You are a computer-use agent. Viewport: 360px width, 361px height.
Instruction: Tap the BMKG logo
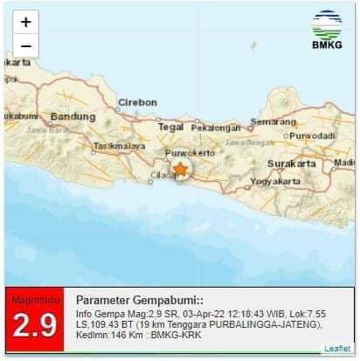(x=327, y=31)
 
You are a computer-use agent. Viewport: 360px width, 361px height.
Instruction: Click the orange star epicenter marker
(x=180, y=169)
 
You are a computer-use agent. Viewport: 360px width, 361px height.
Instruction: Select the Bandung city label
(x=72, y=116)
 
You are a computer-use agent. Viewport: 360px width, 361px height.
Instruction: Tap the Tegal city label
(x=170, y=127)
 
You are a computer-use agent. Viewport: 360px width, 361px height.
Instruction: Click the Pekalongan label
(x=215, y=128)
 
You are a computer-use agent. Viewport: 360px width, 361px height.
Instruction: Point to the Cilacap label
(x=163, y=175)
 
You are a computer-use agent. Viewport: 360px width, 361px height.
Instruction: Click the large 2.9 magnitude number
(x=34, y=326)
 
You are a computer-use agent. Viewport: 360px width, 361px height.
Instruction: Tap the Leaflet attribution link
(x=337, y=348)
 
